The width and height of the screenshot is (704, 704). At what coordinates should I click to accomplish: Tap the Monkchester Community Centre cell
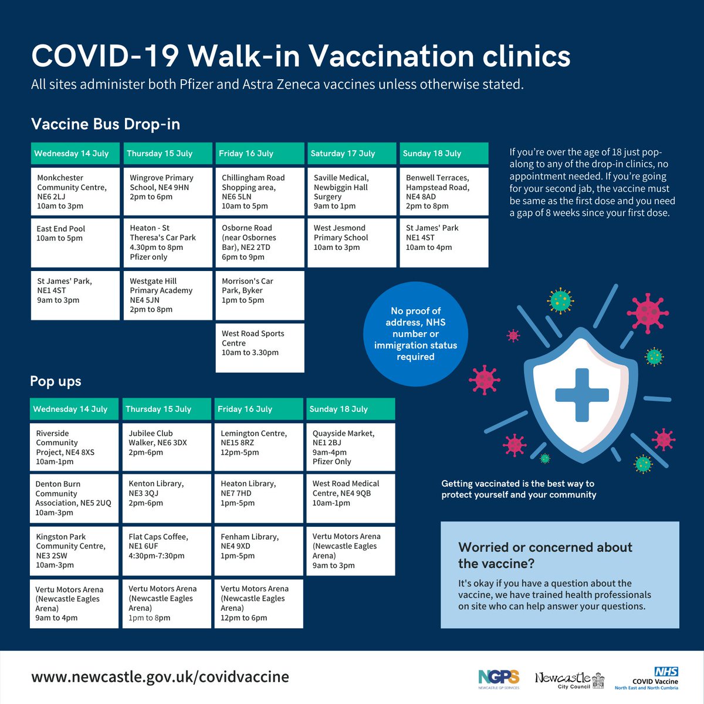coord(75,192)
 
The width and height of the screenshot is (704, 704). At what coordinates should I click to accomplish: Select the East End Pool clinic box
coord(75,243)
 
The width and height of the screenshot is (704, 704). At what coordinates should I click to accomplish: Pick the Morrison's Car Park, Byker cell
coord(260,295)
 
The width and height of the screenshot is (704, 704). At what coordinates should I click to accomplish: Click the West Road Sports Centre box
coord(260,347)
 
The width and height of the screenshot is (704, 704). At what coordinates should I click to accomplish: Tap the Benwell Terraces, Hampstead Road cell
coord(444,192)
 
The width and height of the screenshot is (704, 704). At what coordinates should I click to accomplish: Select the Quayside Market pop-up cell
coord(351,447)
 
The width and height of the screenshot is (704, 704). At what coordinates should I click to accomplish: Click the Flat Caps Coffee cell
coord(167,550)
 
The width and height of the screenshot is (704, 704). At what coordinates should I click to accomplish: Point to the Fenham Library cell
coord(259,550)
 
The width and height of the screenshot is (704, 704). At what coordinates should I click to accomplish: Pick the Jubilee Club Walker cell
coord(167,447)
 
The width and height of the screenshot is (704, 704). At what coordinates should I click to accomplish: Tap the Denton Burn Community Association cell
coord(74,498)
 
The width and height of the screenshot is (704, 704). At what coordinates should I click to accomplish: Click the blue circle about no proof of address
coord(415,334)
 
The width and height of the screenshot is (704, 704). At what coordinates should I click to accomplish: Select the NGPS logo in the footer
coord(499,679)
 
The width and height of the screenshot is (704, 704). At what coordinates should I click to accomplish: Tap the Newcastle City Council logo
coord(569,681)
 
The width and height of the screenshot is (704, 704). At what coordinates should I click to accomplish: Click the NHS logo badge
coord(666,672)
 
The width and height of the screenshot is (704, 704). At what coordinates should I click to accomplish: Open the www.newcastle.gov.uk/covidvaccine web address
coord(160,676)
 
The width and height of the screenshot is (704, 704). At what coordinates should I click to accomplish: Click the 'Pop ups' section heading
coord(56,381)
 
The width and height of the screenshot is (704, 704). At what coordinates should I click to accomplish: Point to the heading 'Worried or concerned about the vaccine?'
coord(545,555)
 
